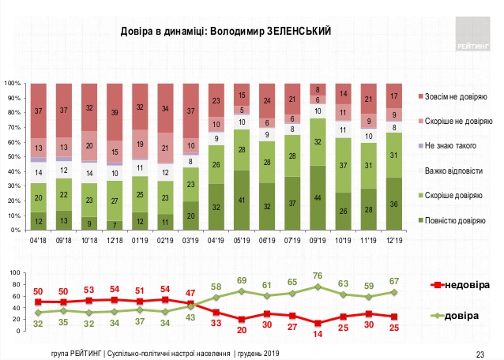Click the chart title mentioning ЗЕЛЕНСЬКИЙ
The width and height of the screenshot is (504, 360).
pyautogui.click(x=225, y=31)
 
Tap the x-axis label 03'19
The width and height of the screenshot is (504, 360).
pyautogui.click(x=190, y=237)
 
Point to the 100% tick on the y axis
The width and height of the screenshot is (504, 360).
pyautogui.click(x=13, y=84)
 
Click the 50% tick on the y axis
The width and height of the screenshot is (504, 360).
pyautogui.click(x=15, y=157)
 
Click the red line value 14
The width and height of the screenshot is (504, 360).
pyautogui.click(x=318, y=334)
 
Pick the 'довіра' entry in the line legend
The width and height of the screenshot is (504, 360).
pyautogui.click(x=466, y=316)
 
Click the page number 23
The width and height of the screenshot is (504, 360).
pyautogui.click(x=478, y=352)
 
